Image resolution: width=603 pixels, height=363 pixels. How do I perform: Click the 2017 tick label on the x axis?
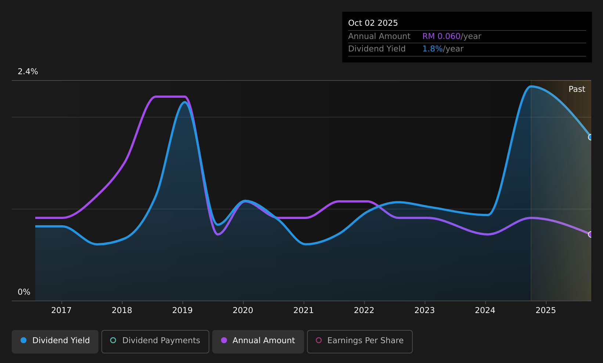pyautogui.click(x=61, y=310)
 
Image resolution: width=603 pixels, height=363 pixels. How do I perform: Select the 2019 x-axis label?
pyautogui.click(x=183, y=310)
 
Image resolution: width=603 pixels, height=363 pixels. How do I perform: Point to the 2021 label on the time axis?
pyautogui.click(x=304, y=310)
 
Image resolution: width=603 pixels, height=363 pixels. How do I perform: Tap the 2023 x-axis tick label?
pyautogui.click(x=425, y=310)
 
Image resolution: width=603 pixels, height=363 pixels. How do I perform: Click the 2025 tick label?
pyautogui.click(x=546, y=310)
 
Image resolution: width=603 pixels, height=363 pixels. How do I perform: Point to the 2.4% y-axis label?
pyautogui.click(x=28, y=72)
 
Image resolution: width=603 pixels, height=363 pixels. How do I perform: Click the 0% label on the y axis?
pyautogui.click(x=24, y=292)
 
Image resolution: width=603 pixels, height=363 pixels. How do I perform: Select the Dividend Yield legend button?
pyautogui.click(x=55, y=341)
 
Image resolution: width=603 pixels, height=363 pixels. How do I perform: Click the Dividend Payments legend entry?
pyautogui.click(x=155, y=341)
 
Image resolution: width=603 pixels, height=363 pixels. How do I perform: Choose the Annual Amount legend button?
pyautogui.click(x=258, y=341)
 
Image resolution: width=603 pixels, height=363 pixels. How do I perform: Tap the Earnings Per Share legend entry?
pyautogui.click(x=360, y=341)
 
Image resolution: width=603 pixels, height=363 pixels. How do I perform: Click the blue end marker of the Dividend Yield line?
pyautogui.click(x=591, y=137)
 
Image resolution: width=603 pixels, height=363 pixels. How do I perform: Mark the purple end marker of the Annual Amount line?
pyautogui.click(x=591, y=234)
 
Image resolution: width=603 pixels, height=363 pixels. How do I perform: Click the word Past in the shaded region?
pyautogui.click(x=577, y=89)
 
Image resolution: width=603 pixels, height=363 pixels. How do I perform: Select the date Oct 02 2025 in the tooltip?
pyautogui.click(x=373, y=23)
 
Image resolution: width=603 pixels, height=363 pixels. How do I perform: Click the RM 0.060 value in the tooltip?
pyautogui.click(x=441, y=36)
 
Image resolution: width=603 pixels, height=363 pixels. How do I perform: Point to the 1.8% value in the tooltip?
pyautogui.click(x=432, y=49)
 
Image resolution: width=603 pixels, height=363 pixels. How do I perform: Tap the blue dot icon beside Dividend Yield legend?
pyautogui.click(x=24, y=340)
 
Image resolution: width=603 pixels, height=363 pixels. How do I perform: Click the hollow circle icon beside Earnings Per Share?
pyautogui.click(x=319, y=340)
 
